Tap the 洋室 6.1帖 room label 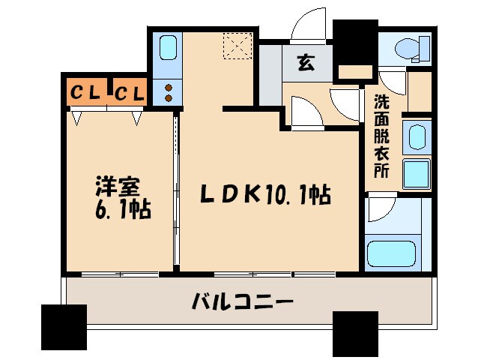click(120, 197)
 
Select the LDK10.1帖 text click(264, 195)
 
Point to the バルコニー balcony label click(241, 304)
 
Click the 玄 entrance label click(306, 62)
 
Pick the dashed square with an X click(240, 46)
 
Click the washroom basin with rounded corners click(416, 138)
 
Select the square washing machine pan click(417, 174)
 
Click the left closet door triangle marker click(77, 116)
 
